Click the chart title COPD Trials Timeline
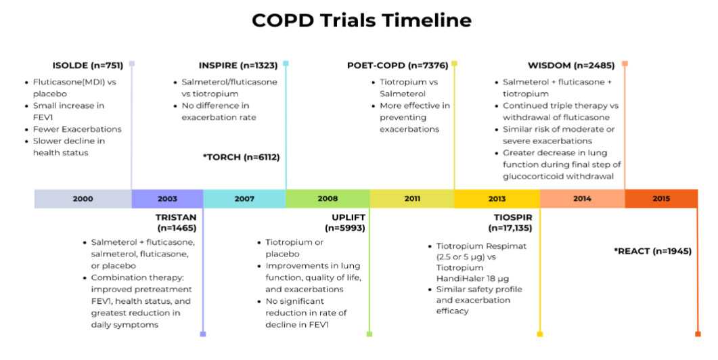361,20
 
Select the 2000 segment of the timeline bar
83,199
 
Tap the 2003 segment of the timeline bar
168,199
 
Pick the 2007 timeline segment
244,199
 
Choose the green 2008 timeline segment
328,199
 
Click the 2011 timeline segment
412,199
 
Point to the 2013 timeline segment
497,199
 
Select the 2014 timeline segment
583,199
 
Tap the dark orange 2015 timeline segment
661,199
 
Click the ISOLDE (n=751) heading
88,66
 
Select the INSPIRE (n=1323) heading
238,66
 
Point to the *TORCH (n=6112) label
242,157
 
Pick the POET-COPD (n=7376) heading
397,66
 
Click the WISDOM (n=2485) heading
571,66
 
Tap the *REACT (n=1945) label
652,251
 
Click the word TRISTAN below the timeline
176,217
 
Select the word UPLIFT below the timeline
349,217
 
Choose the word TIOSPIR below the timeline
513,217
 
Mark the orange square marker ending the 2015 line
698,334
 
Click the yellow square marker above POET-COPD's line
454,63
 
